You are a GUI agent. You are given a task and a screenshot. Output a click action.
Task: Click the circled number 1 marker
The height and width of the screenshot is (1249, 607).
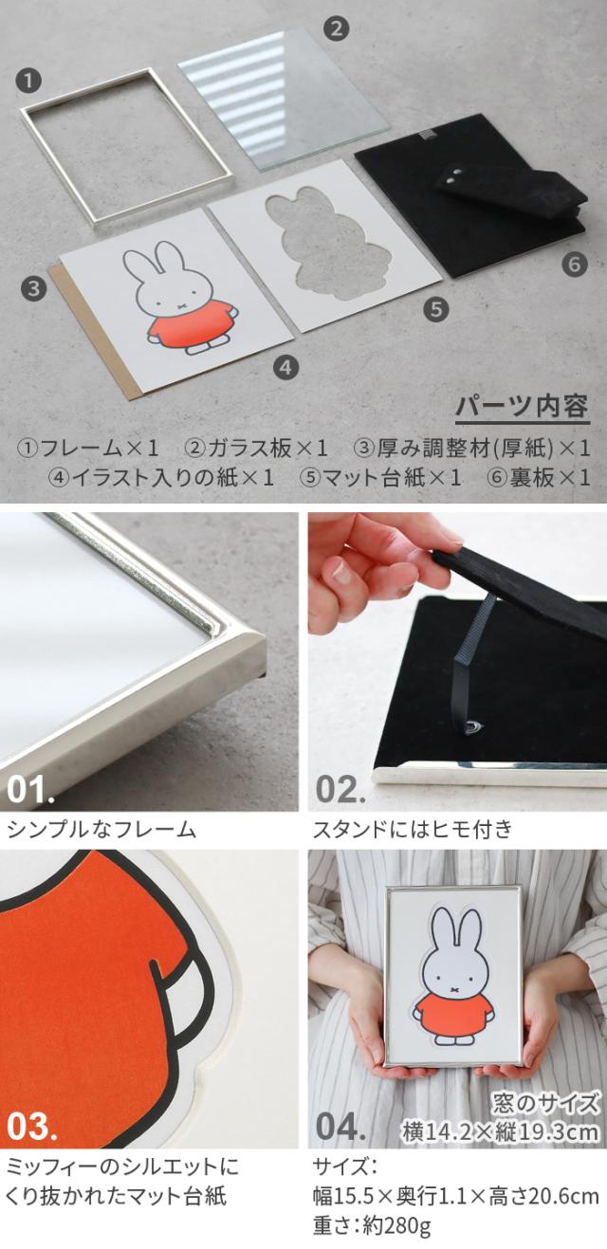click(28, 81)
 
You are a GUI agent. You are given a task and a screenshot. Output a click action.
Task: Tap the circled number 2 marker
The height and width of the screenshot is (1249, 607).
click(336, 28)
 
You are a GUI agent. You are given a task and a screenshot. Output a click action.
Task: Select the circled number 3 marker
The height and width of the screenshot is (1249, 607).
click(33, 289)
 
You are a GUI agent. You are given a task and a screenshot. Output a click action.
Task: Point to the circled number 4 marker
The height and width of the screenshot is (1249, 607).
click(285, 367)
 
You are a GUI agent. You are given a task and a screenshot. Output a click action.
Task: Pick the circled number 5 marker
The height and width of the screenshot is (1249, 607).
click(436, 308)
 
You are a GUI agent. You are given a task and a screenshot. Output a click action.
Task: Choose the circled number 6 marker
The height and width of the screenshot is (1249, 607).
click(575, 264)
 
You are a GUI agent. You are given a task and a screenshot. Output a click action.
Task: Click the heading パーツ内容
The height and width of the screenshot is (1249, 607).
click(523, 407)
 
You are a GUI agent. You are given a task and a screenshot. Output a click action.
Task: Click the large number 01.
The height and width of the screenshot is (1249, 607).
click(30, 789)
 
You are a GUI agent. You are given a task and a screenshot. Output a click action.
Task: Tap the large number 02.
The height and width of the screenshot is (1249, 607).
click(340, 789)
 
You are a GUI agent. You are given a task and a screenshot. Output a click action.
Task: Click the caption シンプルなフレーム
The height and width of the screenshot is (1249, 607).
click(101, 830)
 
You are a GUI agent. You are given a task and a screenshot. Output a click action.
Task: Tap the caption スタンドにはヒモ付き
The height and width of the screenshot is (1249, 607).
click(413, 830)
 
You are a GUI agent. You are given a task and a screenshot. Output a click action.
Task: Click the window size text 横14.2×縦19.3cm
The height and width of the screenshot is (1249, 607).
click(501, 1131)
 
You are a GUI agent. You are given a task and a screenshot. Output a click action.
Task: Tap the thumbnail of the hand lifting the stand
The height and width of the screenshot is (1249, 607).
click(457, 662)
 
